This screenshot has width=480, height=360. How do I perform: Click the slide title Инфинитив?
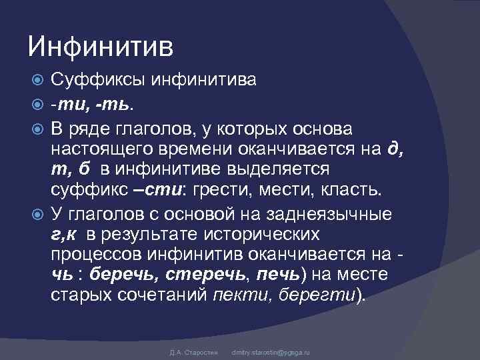coord(100,47)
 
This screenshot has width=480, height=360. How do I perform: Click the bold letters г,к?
coord(65,234)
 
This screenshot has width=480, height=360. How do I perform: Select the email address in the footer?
coord(270,351)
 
